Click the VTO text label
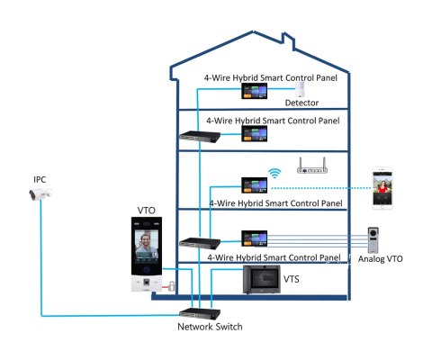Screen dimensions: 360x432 (147, 210)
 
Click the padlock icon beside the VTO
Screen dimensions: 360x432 (169, 286)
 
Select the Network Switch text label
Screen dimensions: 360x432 (208, 327)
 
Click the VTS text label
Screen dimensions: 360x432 (292, 280)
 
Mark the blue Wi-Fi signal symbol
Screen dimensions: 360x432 (275, 172)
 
